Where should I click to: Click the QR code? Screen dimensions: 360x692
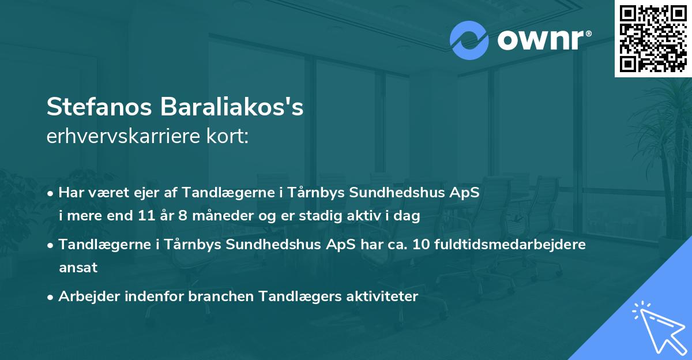(x=653, y=38)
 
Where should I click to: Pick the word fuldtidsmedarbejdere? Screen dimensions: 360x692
(x=509, y=245)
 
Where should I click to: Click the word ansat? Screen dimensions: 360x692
(x=78, y=267)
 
